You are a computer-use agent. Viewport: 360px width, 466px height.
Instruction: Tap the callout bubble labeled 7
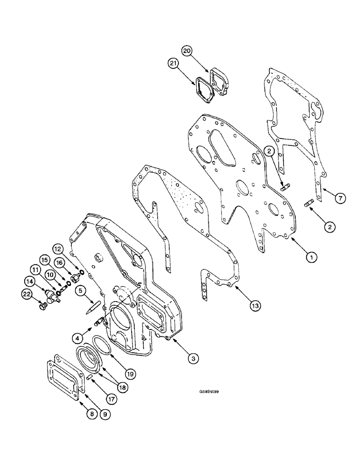click(341, 199)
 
